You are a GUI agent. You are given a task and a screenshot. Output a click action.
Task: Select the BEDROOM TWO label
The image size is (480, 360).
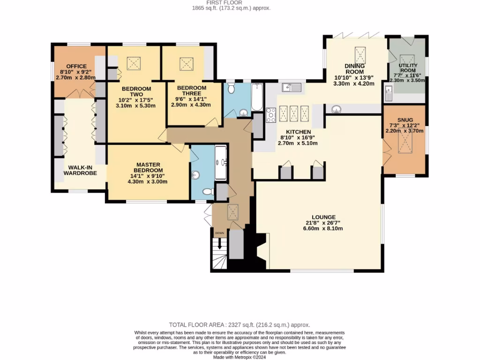[x=136, y=92]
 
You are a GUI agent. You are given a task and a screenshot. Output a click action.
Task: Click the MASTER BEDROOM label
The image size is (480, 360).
[x=149, y=167]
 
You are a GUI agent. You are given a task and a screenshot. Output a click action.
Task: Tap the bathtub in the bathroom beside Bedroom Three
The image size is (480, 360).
[x=257, y=97]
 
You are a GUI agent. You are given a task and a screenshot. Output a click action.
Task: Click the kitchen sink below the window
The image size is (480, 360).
[x=291, y=87]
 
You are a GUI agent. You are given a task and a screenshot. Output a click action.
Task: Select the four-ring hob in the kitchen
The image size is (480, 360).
[x=271, y=115]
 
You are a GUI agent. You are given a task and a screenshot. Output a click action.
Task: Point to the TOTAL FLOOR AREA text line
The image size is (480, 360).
[x=240, y=324]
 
